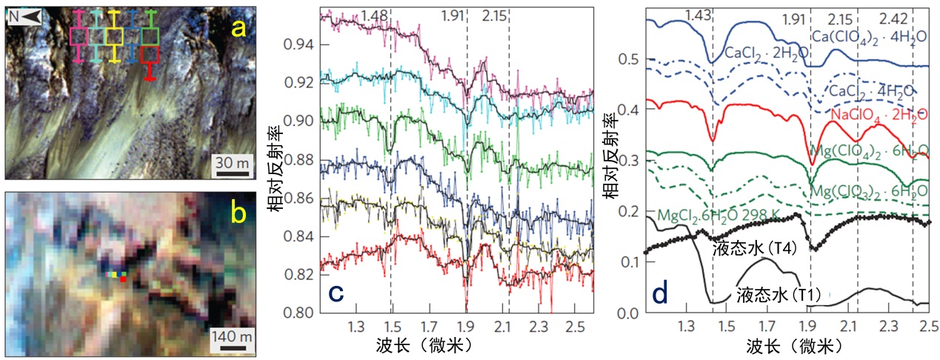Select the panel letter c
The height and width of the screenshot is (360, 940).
tap(336, 293)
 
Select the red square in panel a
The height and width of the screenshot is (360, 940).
tap(150, 54)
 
